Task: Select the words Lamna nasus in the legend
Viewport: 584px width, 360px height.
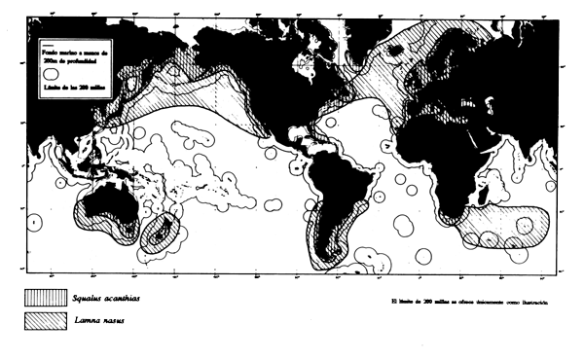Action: pos(103,320)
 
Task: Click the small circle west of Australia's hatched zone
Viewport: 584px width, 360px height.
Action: pos(36,222)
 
